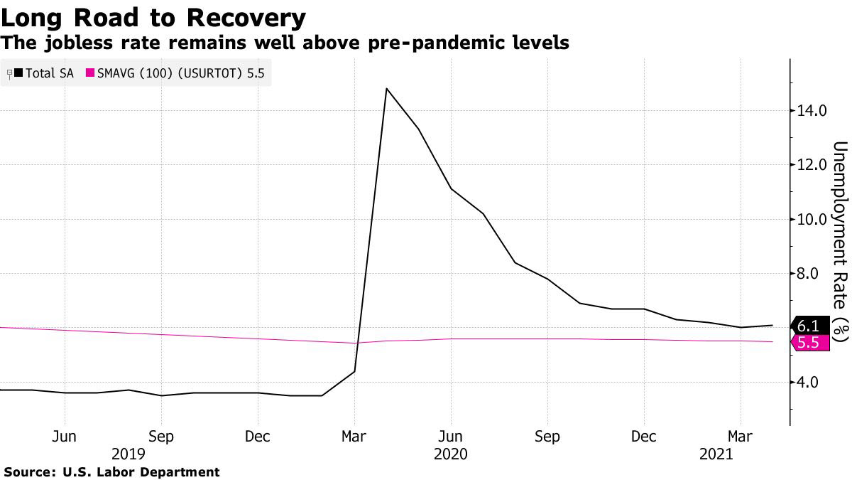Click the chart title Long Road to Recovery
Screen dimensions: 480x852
pyautogui.click(x=153, y=17)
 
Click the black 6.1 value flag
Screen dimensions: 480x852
pyautogui.click(x=809, y=326)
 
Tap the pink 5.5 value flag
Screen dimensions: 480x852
pyautogui.click(x=809, y=343)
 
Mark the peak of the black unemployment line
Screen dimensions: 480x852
pyautogui.click(x=386, y=89)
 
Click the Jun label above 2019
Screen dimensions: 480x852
pyautogui.click(x=65, y=435)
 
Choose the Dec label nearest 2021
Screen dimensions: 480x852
pyautogui.click(x=644, y=435)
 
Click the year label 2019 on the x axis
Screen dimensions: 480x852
pyautogui.click(x=129, y=453)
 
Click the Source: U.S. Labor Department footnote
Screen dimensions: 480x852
pyautogui.click(x=111, y=471)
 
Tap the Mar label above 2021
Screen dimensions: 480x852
pyautogui.click(x=741, y=435)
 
